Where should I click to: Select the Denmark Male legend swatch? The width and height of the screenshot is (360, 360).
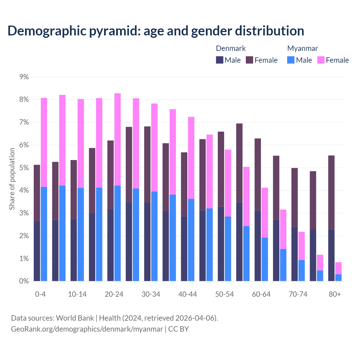[220, 60]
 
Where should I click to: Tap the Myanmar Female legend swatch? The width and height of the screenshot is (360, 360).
[321, 60]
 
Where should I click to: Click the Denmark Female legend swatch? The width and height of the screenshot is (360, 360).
[249, 60]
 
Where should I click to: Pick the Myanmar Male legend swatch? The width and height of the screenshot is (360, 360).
[291, 60]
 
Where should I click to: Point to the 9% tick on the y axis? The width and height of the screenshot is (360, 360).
[24, 77]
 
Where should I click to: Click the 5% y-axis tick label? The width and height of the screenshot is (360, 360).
[24, 168]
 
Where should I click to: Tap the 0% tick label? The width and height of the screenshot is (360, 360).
[24, 281]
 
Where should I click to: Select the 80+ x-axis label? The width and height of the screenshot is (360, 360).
[335, 294]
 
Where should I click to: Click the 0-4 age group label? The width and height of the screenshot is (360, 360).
[40, 294]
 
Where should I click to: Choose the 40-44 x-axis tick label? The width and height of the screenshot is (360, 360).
[188, 294]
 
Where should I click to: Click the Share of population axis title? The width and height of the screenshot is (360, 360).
[12, 179]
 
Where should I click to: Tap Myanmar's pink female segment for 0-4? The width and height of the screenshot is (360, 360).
[44, 142]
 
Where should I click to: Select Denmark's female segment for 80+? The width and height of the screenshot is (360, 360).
[331, 192]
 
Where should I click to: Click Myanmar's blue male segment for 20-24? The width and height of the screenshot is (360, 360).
[118, 233]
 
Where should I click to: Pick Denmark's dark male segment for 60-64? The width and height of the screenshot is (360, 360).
[258, 246]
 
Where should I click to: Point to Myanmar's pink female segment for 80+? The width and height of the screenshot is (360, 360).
[338, 268]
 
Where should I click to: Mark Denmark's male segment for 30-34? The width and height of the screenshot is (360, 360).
[147, 242]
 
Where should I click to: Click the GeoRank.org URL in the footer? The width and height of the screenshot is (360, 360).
[87, 329]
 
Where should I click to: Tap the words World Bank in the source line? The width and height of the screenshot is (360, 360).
[75, 318]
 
